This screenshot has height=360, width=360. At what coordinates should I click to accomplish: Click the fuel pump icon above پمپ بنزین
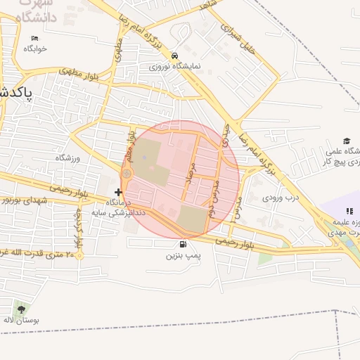[x=184, y=245]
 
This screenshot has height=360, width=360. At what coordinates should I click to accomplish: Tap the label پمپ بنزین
[x=184, y=256]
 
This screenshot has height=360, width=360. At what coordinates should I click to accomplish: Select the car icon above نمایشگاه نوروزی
[x=174, y=56]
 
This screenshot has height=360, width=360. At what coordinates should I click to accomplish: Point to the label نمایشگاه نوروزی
[x=174, y=66]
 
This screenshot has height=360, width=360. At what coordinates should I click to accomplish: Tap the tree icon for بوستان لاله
[x=20, y=309]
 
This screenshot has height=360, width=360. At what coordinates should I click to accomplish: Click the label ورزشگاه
[x=69, y=158]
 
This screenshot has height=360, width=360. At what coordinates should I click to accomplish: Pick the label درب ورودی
[x=281, y=198]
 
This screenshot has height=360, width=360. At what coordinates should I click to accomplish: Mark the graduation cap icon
[x=347, y=141]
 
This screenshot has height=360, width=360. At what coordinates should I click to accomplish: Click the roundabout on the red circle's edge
[x=127, y=174]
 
